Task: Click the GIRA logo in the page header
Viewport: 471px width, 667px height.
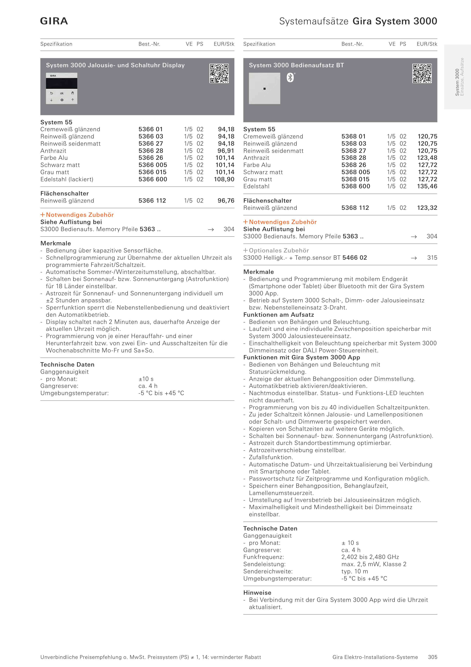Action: coord(54,21)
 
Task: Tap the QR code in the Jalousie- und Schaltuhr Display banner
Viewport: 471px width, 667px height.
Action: coord(219,73)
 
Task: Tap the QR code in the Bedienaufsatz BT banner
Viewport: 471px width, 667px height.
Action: coord(422,73)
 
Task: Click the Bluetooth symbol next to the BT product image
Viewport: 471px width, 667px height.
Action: coord(290,78)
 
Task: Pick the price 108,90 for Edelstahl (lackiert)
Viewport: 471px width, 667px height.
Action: coord(224,179)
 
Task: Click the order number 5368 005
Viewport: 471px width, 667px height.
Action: coord(356,172)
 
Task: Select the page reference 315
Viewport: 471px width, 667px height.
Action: coord(432,258)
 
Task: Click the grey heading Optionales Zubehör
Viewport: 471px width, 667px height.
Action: coord(279,250)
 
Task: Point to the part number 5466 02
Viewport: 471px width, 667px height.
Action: coord(355,258)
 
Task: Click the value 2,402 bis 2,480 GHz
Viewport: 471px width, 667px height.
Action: coord(370,557)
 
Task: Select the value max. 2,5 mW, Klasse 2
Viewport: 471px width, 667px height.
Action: coord(374,564)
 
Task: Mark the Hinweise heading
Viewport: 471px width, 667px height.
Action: coord(257,593)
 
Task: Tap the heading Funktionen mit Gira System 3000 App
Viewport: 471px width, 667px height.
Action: coord(302,357)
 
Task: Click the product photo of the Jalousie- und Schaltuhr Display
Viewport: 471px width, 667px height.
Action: coord(61,88)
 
